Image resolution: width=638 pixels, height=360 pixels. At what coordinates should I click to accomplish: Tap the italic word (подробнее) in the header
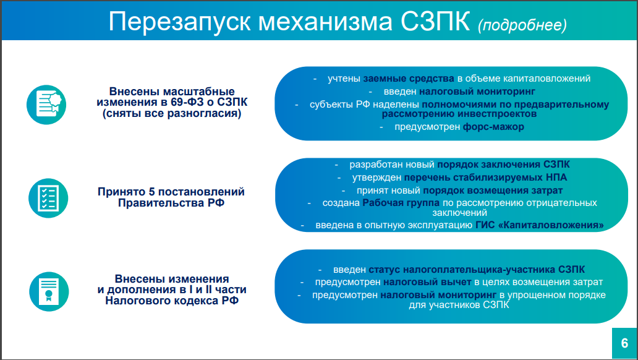[x=522, y=25]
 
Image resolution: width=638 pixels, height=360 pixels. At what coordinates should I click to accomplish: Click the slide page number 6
[x=624, y=343]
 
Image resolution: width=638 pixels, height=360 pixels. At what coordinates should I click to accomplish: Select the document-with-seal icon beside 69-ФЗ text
[x=46, y=105]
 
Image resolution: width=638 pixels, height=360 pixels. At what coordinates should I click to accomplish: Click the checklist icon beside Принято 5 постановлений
[x=48, y=198]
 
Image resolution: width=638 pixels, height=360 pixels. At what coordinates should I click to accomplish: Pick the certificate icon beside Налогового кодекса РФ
[x=49, y=291]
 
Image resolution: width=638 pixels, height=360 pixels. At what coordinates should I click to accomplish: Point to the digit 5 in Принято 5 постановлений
[x=151, y=191]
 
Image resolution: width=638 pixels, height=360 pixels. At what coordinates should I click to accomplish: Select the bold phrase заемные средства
[x=409, y=78]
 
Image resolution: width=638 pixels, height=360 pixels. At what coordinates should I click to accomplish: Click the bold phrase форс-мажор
[x=493, y=127]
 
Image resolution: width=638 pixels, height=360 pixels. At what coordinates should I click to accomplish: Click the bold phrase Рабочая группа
[x=401, y=202]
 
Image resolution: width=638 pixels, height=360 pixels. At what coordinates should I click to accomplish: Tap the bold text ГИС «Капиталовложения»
[x=540, y=225]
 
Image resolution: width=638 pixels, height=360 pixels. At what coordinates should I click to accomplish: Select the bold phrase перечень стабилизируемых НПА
[x=485, y=178]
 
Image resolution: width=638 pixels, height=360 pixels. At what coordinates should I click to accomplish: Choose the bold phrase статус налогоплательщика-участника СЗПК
[x=477, y=269]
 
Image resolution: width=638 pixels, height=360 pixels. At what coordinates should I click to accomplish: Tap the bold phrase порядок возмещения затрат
[x=493, y=190]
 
